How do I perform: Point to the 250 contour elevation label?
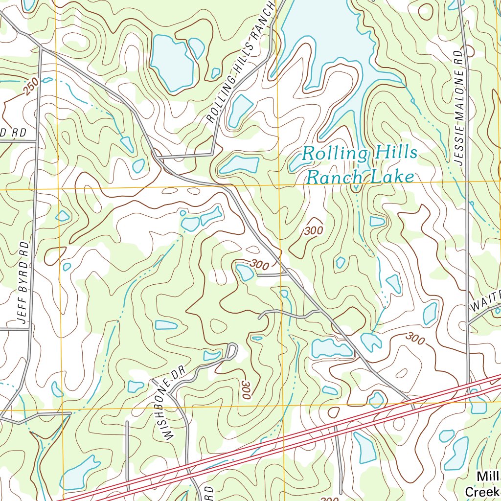(x=31, y=88)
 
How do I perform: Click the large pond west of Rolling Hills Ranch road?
(x=171, y=63)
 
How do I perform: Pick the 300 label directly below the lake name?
(x=313, y=230)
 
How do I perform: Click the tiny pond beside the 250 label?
(x=47, y=80)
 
